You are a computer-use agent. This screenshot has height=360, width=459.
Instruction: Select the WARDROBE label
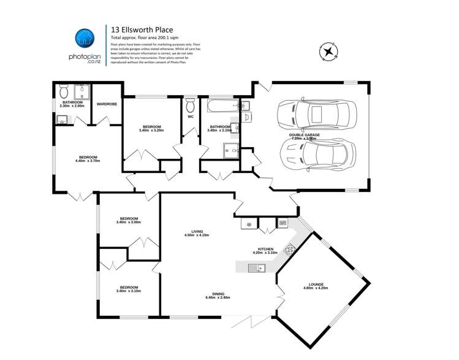pos(107,104)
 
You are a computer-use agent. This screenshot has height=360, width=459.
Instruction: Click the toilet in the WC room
pos(190,101)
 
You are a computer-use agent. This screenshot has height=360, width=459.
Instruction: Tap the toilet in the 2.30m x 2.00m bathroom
pos(64,92)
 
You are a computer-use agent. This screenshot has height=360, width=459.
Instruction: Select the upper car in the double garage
pos(309,114)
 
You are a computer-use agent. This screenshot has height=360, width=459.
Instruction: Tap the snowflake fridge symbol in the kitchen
pos(248,224)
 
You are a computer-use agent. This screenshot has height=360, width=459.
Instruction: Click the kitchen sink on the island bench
pos(255,267)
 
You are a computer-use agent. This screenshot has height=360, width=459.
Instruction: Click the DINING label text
pos(218,293)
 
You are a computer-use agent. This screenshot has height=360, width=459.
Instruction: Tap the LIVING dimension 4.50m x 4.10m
pos(197,236)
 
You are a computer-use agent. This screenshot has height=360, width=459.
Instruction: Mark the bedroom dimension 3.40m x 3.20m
pos(151,130)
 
